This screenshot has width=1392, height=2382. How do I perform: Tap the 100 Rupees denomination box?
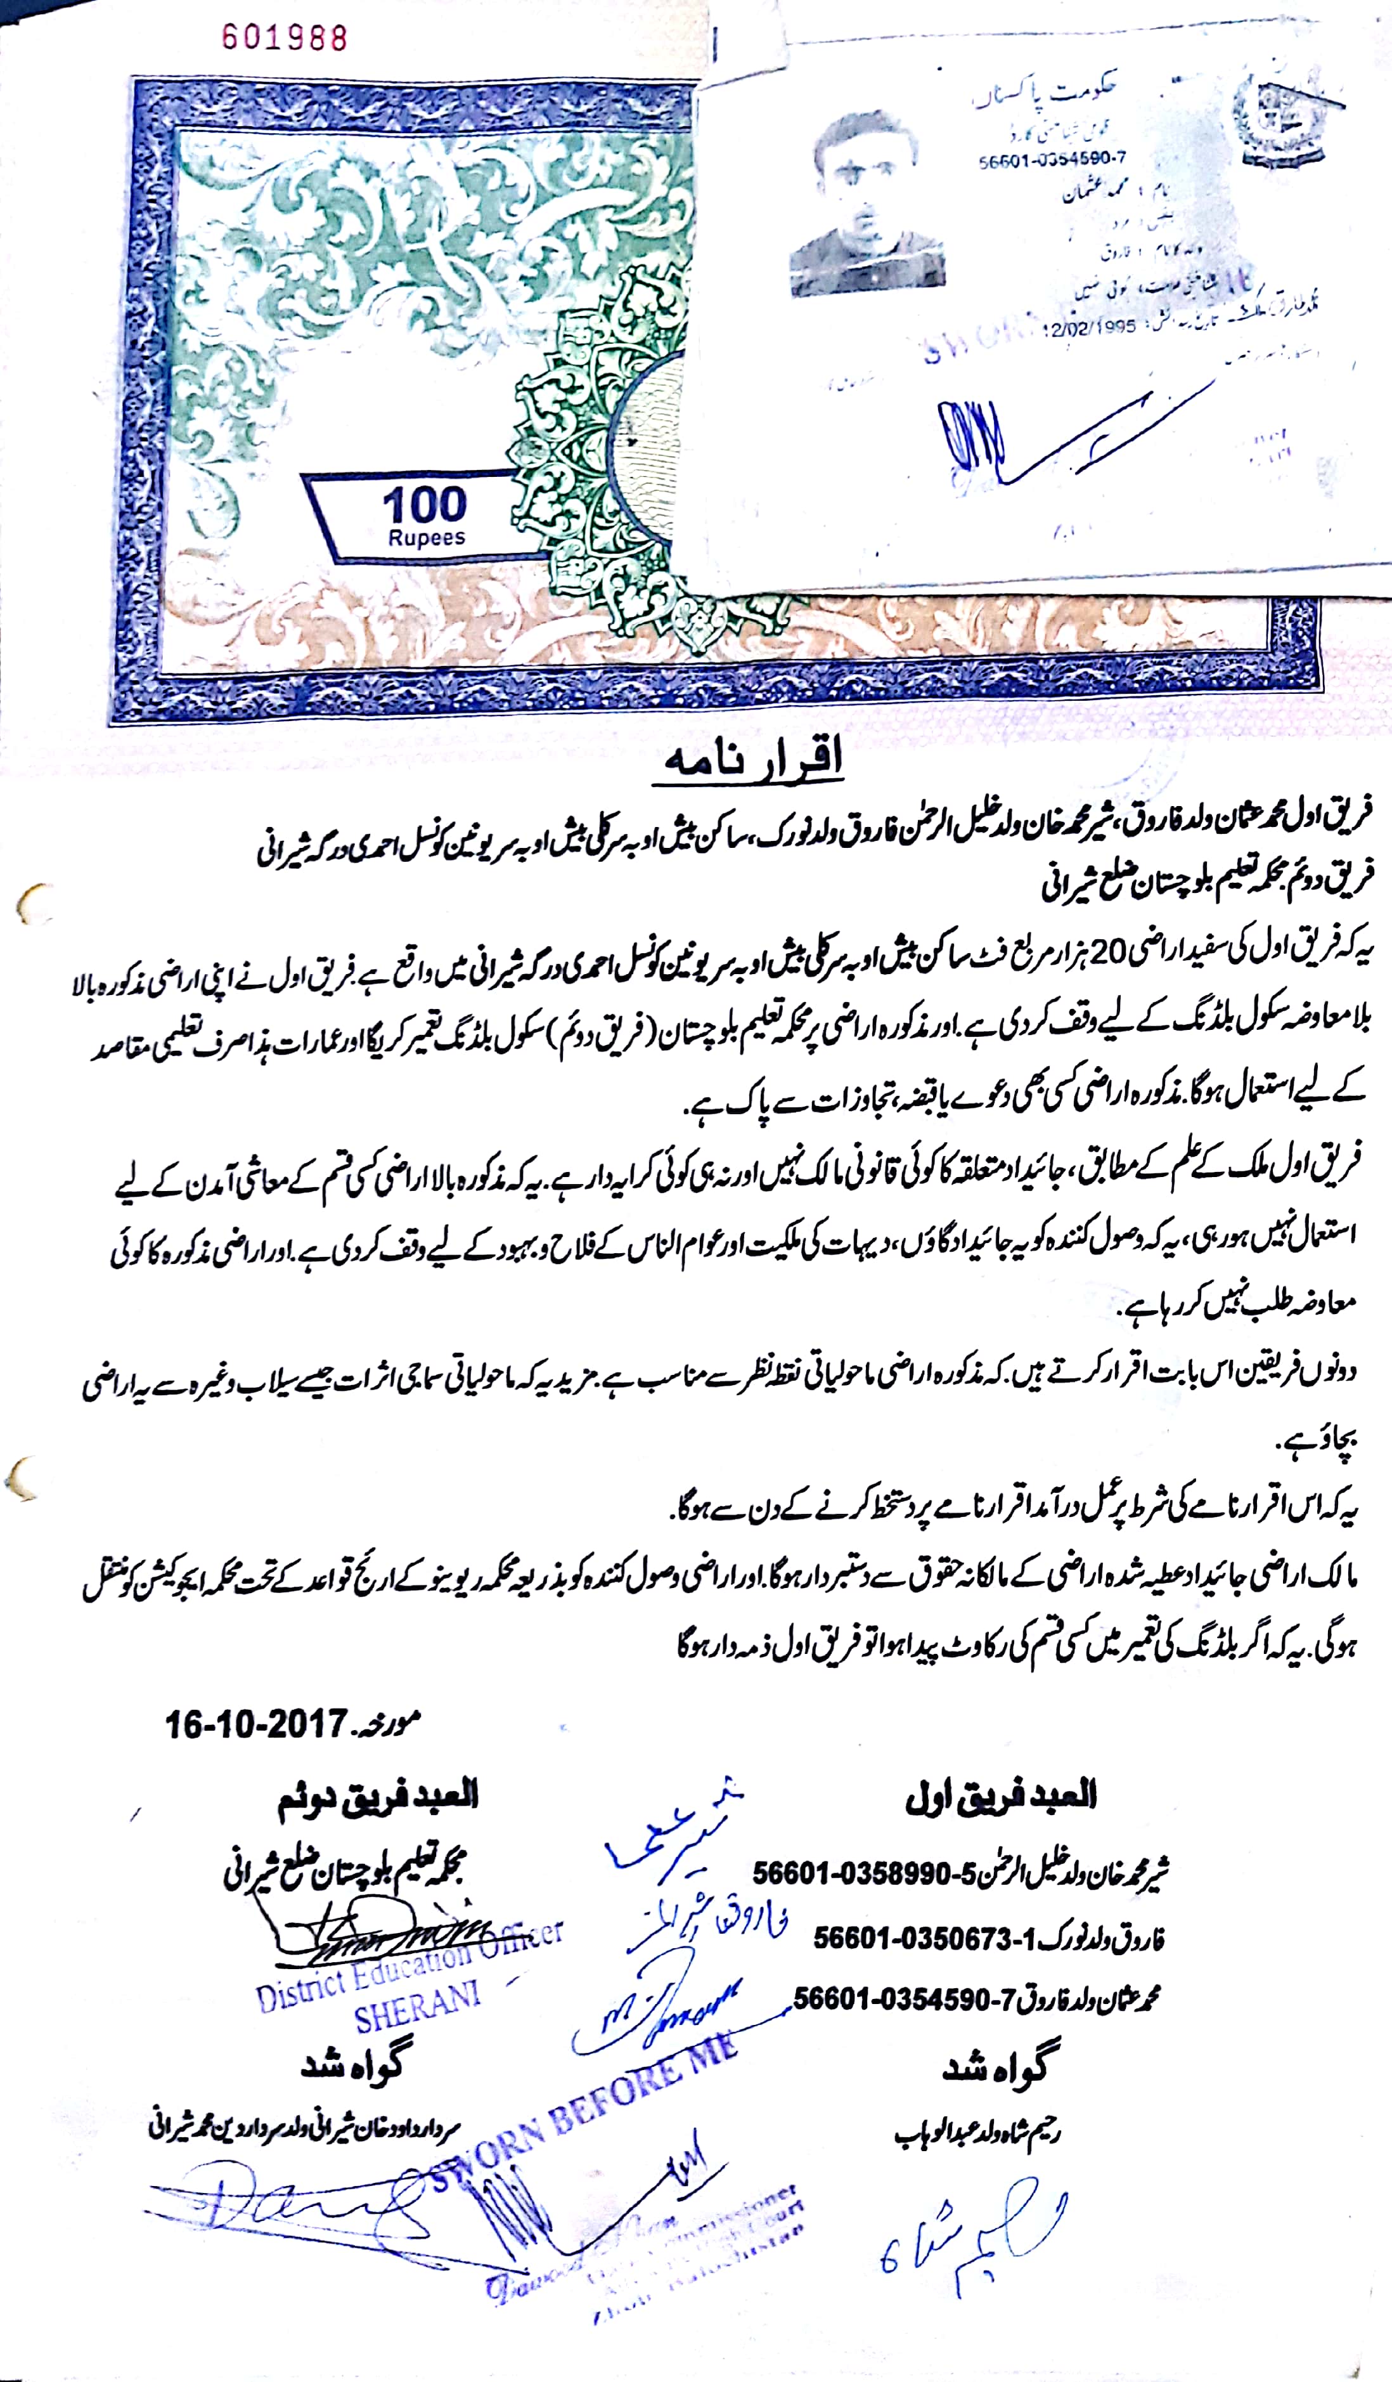[424, 514]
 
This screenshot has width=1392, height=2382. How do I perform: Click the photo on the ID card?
[855, 202]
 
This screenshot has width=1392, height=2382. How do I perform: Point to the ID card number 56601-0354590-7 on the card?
[1052, 160]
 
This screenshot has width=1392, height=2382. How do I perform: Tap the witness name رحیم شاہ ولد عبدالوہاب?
[977, 2134]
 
